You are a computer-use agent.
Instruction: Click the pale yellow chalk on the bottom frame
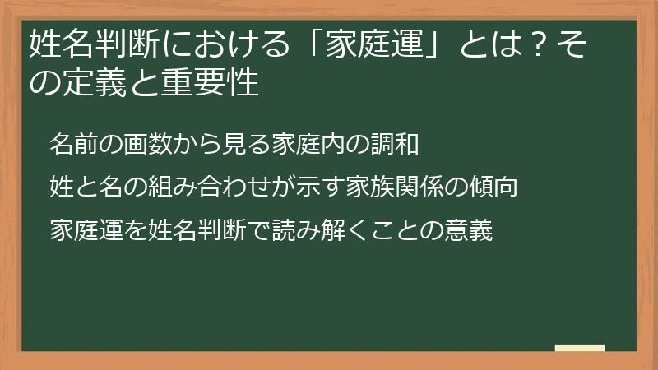(x=580, y=349)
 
